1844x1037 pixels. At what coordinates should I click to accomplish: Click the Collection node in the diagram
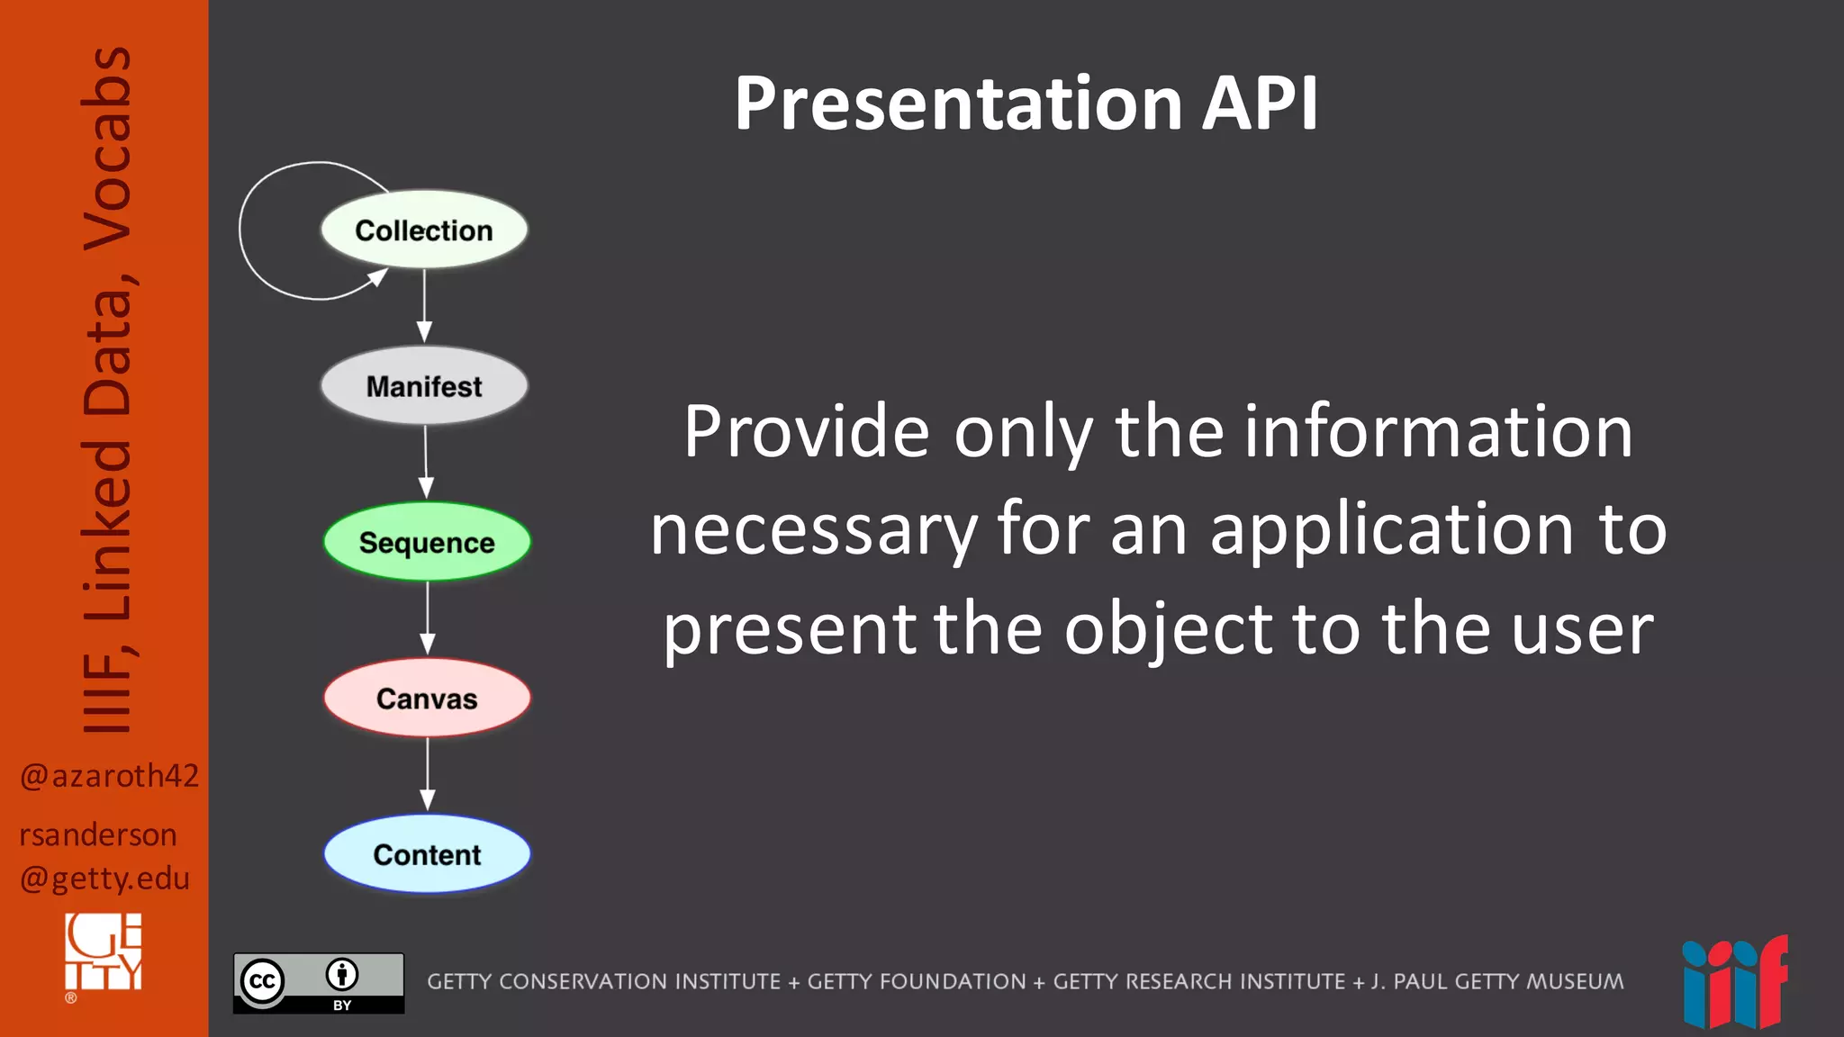424,230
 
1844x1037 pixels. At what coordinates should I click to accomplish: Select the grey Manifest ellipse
424,386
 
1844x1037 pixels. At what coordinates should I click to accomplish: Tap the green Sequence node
427,542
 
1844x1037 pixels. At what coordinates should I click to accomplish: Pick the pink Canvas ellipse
427,699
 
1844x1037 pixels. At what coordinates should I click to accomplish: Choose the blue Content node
427,854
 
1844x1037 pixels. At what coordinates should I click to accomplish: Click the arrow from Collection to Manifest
424,306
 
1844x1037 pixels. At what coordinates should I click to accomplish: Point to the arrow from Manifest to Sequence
426,462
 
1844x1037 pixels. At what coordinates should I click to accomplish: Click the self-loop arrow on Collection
261,230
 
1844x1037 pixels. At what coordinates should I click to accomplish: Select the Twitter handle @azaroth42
108,776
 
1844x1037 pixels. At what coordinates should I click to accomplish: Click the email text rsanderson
97,835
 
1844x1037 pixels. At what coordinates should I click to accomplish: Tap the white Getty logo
103,952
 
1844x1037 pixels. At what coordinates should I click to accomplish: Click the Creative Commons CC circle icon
263,981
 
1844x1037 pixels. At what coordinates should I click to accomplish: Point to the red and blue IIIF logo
1735,984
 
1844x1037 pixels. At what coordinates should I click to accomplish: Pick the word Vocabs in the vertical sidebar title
106,149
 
